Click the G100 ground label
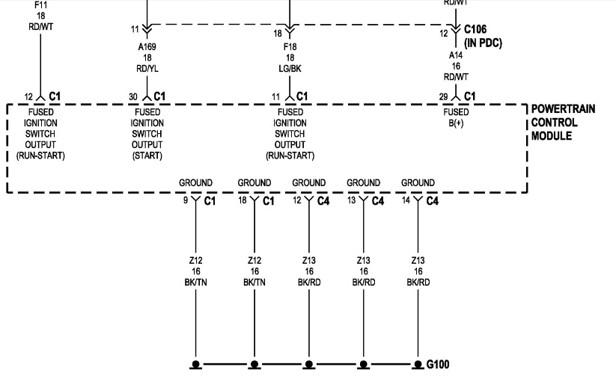tap(438, 364)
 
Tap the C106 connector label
tap(475, 29)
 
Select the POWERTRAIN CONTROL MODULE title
tap(563, 123)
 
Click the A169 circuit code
tap(147, 47)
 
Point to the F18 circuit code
tap(290, 47)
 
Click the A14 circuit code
tap(456, 55)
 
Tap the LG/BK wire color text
tap(290, 69)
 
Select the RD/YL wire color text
tap(147, 69)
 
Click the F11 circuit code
tap(41, 5)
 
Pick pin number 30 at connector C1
tap(133, 97)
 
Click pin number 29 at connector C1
tap(444, 96)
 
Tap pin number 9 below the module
tap(186, 200)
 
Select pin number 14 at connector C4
tap(406, 200)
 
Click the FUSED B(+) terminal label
tap(456, 117)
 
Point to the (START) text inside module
tap(147, 155)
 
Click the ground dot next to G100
tap(417, 365)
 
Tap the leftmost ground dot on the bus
tap(195, 365)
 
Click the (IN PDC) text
tap(484, 43)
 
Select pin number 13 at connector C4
tap(351, 200)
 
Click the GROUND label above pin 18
tap(254, 183)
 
